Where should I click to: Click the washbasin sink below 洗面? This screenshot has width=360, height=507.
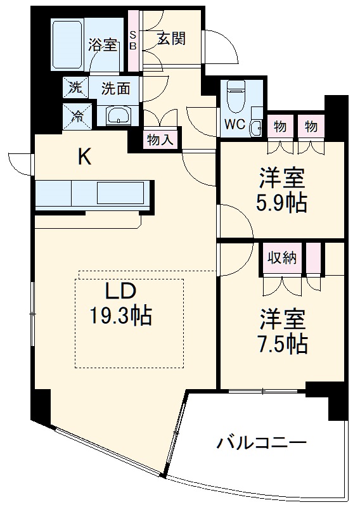pos(118,115)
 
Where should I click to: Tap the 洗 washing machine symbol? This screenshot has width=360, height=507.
pos(75,88)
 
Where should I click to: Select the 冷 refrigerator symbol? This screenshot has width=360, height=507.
pos(76,115)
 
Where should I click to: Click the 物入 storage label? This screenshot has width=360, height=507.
pos(159,140)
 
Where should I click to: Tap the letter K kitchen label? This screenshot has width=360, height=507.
pos(84,157)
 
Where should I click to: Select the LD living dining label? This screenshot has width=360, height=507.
pos(120,292)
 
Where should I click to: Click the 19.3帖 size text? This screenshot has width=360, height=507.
pos(120,315)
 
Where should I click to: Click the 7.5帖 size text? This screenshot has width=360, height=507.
pos(283,343)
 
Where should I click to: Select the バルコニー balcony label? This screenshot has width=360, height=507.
pos(262,442)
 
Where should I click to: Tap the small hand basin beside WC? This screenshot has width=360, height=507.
pos(255,127)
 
